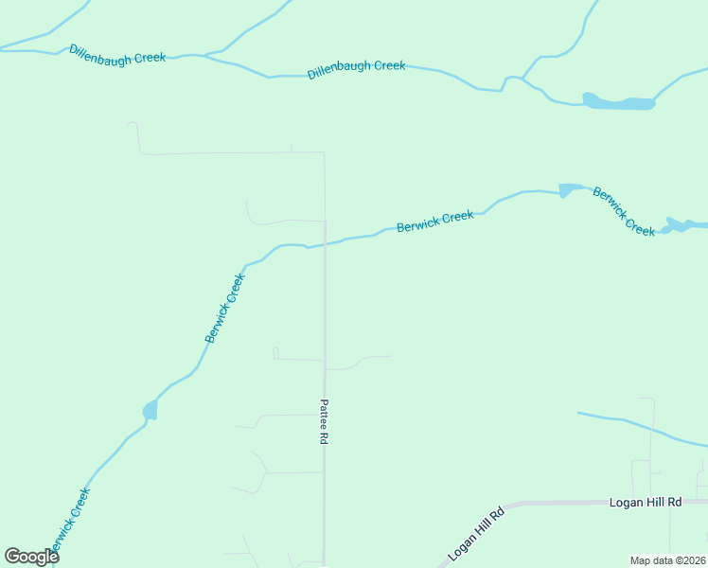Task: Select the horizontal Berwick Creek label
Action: click(x=434, y=221)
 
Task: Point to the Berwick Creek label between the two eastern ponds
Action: click(x=624, y=212)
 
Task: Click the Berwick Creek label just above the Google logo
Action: click(x=70, y=521)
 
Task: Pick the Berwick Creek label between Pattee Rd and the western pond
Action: click(x=224, y=308)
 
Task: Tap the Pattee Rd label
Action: click(x=324, y=421)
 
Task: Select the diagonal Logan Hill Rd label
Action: click(x=478, y=534)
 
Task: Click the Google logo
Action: click(x=31, y=557)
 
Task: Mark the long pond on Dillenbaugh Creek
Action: click(x=619, y=102)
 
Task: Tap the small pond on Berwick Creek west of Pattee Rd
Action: click(x=150, y=410)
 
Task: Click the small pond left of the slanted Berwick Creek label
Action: click(x=567, y=190)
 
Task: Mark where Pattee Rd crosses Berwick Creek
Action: click(x=325, y=244)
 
